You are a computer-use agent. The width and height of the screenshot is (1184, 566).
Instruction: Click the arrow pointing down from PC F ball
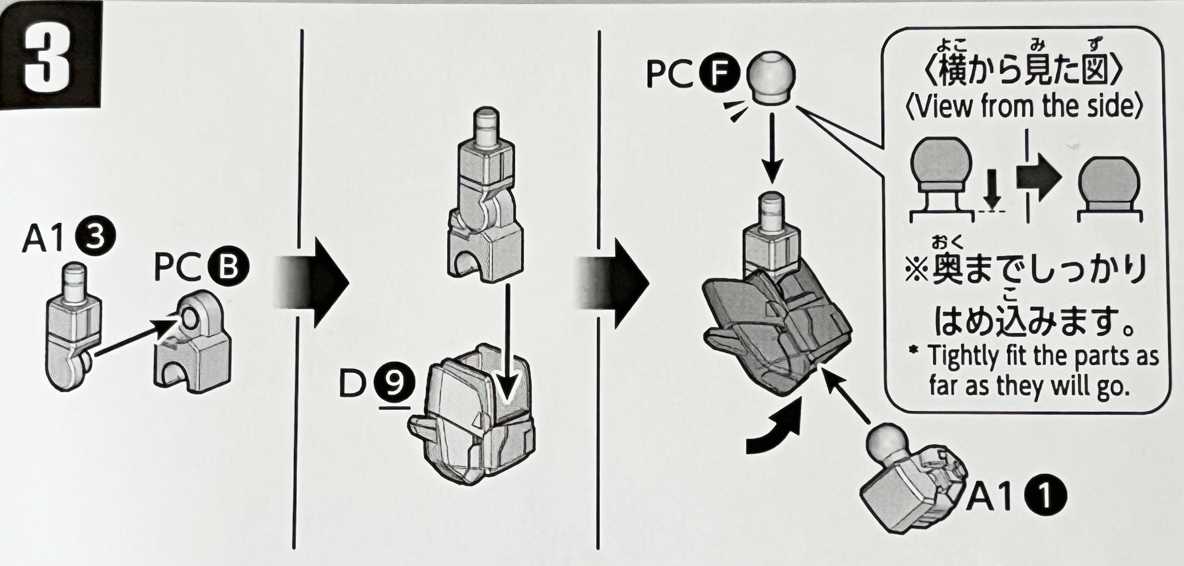pyautogui.click(x=772, y=147)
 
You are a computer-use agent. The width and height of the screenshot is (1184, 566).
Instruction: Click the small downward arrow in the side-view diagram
pyautogui.click(x=993, y=188)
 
